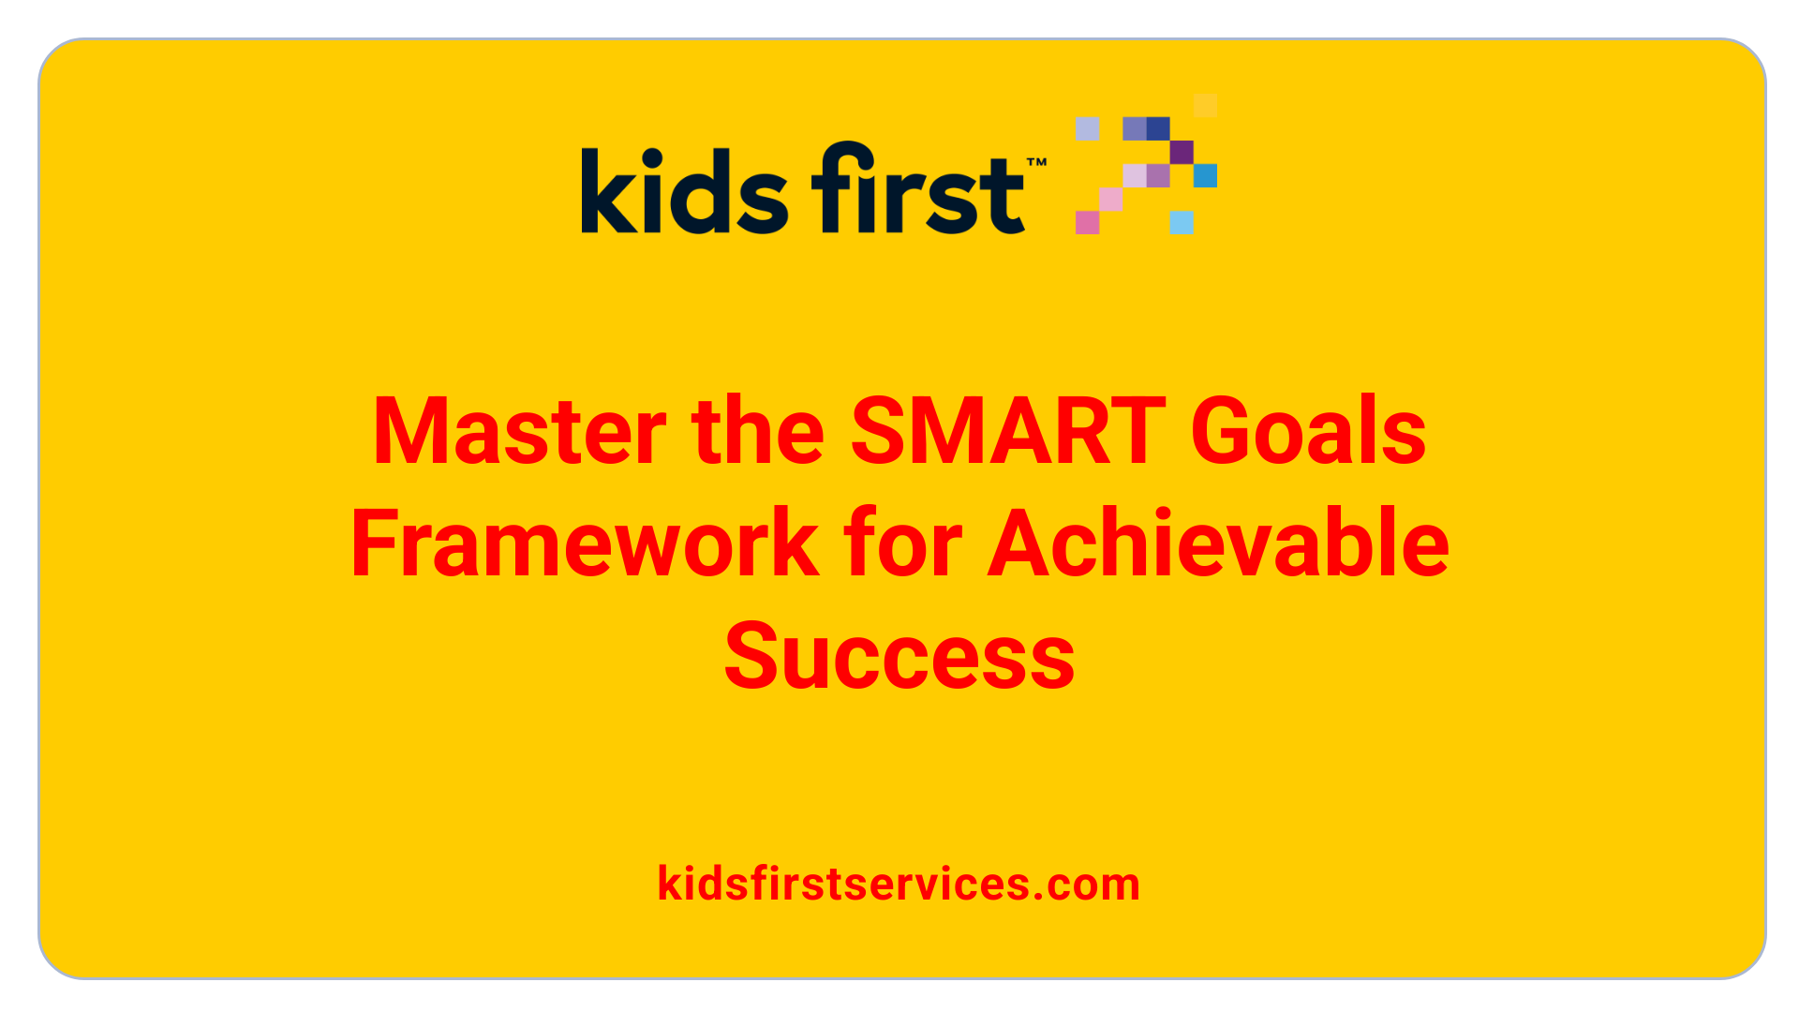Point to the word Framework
point(586,543)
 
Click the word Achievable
point(1219,543)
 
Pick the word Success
point(899,656)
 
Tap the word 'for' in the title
point(903,543)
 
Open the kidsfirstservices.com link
point(899,884)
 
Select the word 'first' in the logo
point(918,187)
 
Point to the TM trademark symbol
point(1036,163)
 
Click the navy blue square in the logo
point(1158,128)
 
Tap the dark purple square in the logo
point(1182,152)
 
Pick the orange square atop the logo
point(1206,105)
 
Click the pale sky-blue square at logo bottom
point(1182,222)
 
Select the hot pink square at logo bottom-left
point(1087,222)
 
